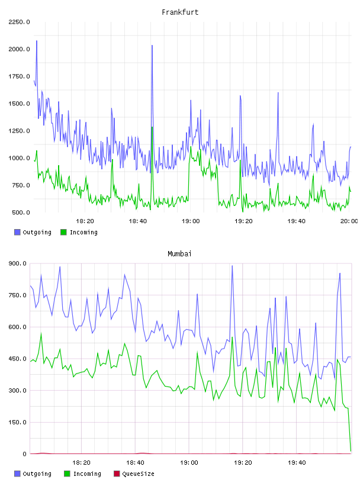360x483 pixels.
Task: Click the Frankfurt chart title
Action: (180, 12)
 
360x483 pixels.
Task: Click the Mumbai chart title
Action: (179, 254)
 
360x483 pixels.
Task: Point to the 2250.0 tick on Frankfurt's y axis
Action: (19, 22)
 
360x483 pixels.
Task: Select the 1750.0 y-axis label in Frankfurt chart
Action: (19, 76)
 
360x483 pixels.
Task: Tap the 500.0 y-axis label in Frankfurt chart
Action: (21, 212)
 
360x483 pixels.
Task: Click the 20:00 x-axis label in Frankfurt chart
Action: (349, 221)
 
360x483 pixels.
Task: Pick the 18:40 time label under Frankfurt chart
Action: (138, 221)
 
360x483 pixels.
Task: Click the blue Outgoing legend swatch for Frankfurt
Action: (17, 232)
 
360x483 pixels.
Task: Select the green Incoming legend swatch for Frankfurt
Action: (63, 232)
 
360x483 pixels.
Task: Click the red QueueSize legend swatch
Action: (117, 474)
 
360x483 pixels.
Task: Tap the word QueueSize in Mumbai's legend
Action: (138, 474)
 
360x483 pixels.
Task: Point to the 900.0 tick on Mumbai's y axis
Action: (18, 263)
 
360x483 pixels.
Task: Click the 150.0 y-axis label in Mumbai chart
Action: (18, 422)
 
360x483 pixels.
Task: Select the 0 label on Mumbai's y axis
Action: (24, 454)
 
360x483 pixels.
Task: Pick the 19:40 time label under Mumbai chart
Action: (297, 463)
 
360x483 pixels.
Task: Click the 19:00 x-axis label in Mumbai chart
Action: (189, 463)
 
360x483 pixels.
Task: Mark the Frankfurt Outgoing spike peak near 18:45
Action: (152, 46)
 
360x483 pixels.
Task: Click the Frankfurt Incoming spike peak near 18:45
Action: (152, 127)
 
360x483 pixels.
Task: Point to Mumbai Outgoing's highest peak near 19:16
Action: (232, 266)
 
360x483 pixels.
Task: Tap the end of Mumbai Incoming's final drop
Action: (351, 451)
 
